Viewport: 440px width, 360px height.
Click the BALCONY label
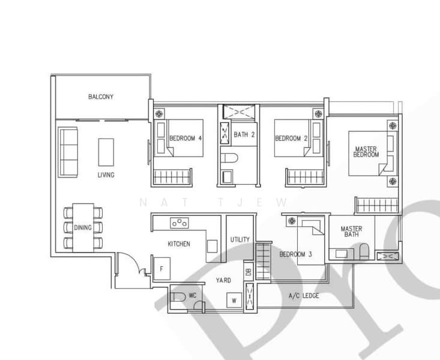101,97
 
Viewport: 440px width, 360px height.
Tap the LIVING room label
106,175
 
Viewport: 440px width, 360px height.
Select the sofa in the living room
68,152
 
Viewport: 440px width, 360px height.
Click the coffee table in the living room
106,152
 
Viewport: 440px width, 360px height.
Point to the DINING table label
83,227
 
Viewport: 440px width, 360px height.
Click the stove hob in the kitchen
179,223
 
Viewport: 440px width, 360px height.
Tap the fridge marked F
161,269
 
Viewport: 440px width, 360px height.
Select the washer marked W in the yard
234,300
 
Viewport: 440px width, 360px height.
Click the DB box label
249,272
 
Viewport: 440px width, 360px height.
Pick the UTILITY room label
240,239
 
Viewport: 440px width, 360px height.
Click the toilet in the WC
178,297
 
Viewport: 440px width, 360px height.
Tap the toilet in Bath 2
229,158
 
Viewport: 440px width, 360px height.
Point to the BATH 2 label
244,134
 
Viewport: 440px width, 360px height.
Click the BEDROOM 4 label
185,139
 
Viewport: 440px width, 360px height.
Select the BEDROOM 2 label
291,139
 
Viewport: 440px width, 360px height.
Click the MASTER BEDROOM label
366,152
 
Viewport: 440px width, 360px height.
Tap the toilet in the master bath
364,251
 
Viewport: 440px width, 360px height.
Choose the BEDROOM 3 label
296,254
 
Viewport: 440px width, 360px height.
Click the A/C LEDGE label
304,296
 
